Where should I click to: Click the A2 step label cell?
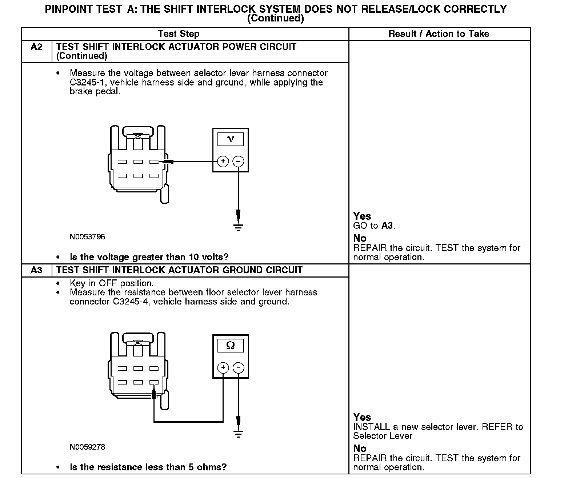point(36,47)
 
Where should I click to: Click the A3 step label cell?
point(36,270)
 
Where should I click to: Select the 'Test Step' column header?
point(179,34)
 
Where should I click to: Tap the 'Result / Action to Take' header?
point(439,34)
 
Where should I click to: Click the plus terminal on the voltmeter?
point(223,161)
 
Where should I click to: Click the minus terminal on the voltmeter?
point(238,161)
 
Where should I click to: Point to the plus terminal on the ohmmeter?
point(223,368)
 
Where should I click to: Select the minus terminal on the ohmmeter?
point(238,368)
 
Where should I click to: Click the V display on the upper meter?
point(231,139)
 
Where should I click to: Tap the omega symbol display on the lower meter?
point(231,346)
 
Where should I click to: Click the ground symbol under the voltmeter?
point(238,228)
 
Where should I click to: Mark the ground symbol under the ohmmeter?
point(238,434)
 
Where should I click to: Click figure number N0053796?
point(87,237)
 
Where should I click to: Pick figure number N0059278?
point(87,447)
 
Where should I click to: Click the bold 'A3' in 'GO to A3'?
point(387,226)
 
